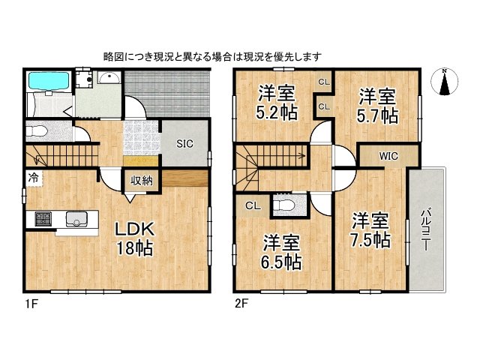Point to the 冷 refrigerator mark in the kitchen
coord(34,178)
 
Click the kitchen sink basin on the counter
coord(76,219)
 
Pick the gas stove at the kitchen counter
coord(39,219)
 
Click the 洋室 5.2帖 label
coord(276,104)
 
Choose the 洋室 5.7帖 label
coord(376,106)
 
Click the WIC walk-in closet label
coord(388,157)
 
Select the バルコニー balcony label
coord(425,230)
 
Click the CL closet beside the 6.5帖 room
coord(252,205)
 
